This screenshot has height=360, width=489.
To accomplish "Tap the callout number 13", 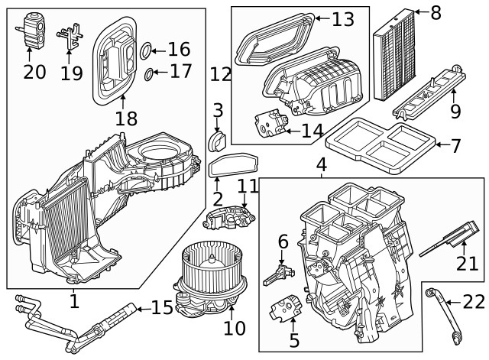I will tap(343, 20).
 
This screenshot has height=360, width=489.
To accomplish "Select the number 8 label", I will tap(436, 13).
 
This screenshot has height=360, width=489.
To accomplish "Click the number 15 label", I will tap(162, 308).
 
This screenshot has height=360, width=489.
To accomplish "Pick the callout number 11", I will tap(248, 186).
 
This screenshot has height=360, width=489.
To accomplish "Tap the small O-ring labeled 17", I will tap(148, 75).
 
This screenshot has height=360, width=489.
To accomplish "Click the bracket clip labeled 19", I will tap(70, 35).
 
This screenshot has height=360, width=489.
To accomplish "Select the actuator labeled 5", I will tap(281, 307).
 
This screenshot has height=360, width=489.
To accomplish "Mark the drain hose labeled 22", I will tap(444, 313).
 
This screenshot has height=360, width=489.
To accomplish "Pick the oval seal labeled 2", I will tap(234, 166).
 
